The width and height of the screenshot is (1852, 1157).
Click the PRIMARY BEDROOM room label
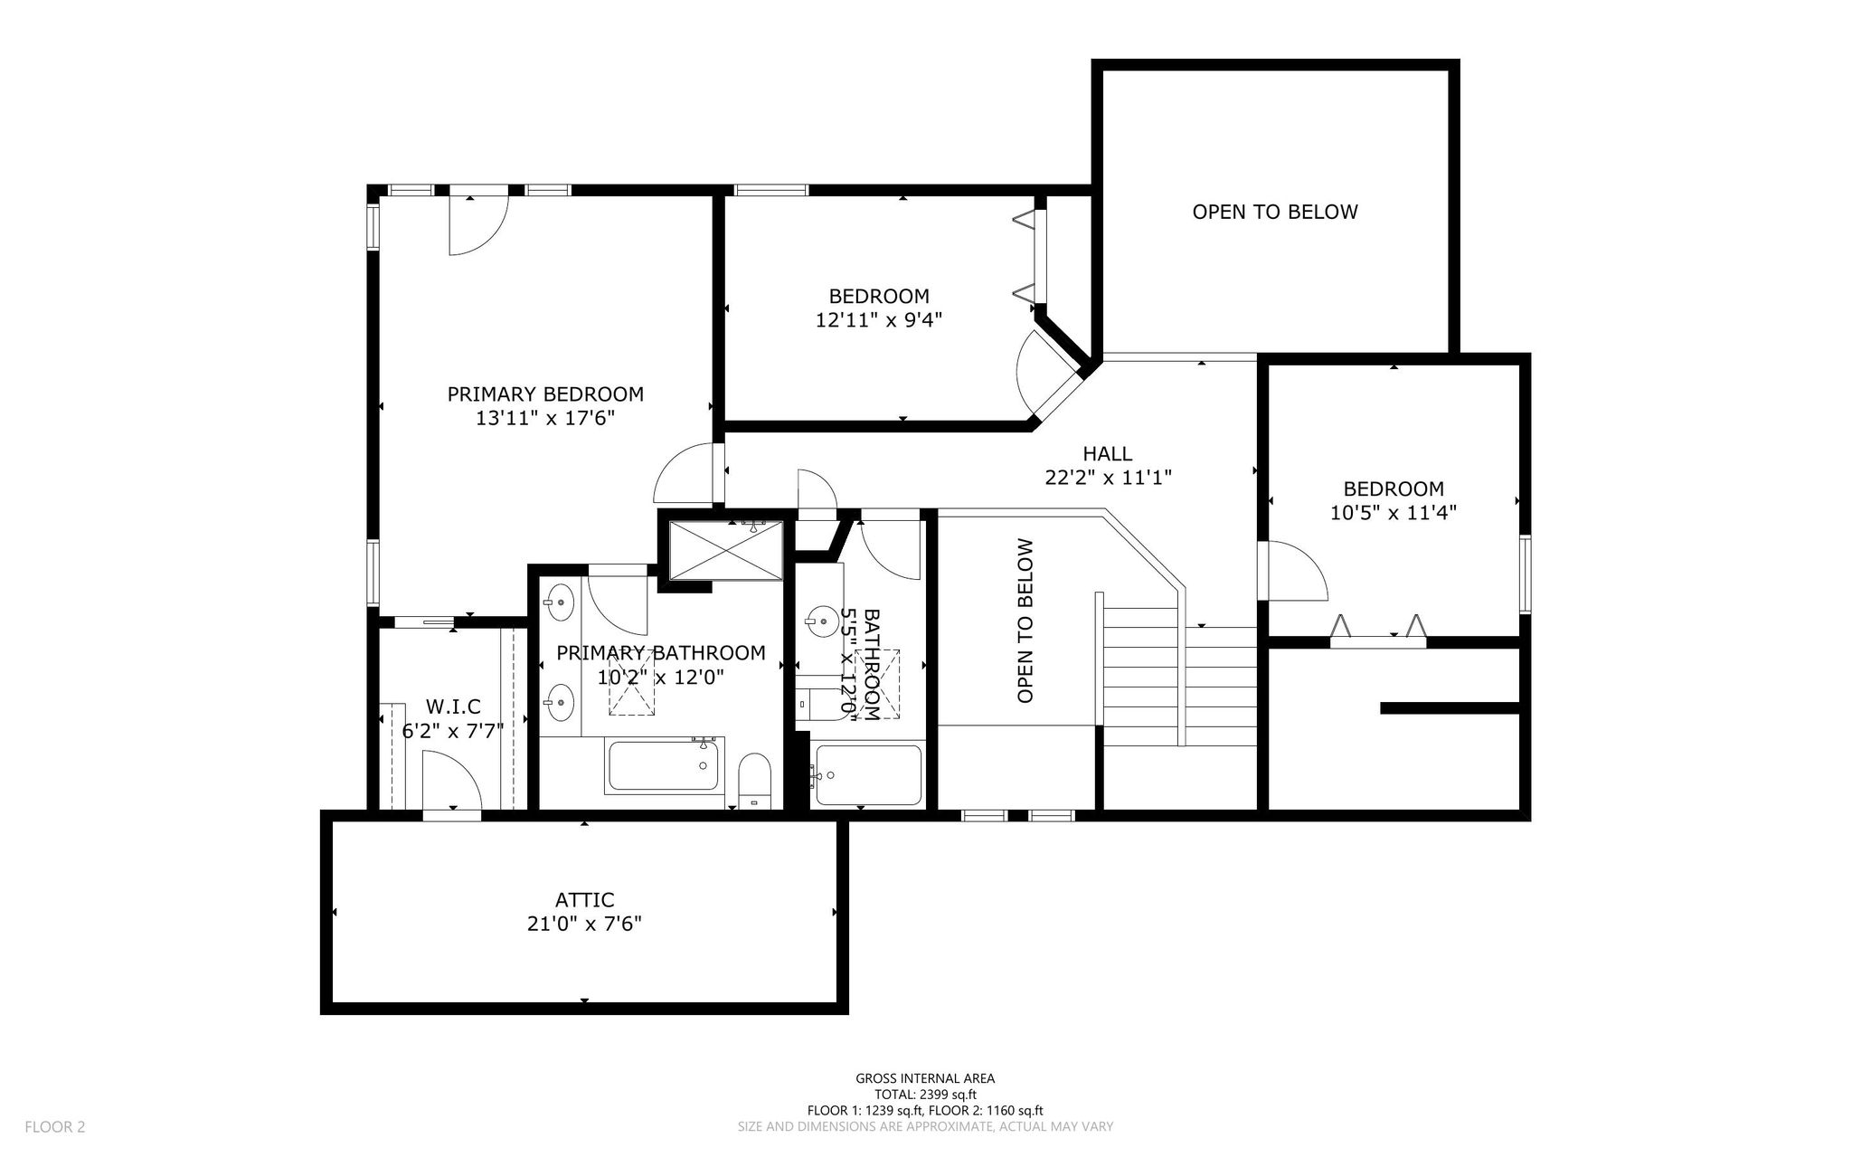click(545, 394)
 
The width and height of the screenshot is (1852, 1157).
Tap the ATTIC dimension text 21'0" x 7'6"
click(584, 924)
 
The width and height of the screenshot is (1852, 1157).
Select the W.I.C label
click(453, 707)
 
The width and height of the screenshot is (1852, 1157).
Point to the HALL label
click(1108, 453)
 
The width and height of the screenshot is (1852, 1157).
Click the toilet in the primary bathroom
click(754, 780)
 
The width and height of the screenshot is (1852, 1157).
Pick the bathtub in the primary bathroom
click(665, 765)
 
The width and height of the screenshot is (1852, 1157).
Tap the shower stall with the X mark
click(725, 550)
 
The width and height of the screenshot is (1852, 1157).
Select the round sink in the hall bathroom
click(822, 620)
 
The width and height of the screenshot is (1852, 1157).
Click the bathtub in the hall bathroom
click(867, 773)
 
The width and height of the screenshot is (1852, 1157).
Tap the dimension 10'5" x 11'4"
click(1393, 513)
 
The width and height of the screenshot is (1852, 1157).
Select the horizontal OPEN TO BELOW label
click(1275, 212)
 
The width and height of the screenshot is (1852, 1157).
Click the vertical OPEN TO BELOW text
click(1025, 621)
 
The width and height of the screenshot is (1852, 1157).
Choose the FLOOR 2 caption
click(55, 1127)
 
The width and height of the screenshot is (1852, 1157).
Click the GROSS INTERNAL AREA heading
click(925, 1078)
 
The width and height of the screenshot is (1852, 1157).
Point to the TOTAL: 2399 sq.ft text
click(925, 1095)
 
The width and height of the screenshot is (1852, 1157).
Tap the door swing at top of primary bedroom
click(480, 226)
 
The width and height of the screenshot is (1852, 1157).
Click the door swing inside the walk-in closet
click(452, 783)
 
